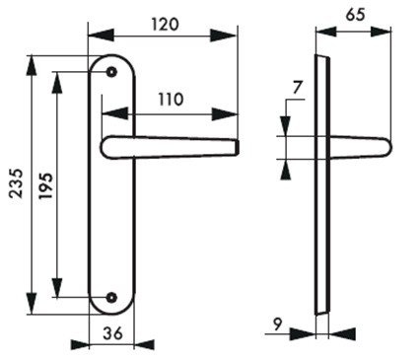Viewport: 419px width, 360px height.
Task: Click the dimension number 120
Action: [166, 25]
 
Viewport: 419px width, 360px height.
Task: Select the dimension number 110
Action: [172, 99]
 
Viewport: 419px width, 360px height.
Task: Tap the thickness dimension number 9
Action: [278, 322]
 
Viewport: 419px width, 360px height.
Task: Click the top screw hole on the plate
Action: [111, 72]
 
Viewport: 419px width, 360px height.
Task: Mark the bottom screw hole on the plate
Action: [111, 297]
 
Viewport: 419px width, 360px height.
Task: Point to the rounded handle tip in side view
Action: [387, 146]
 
